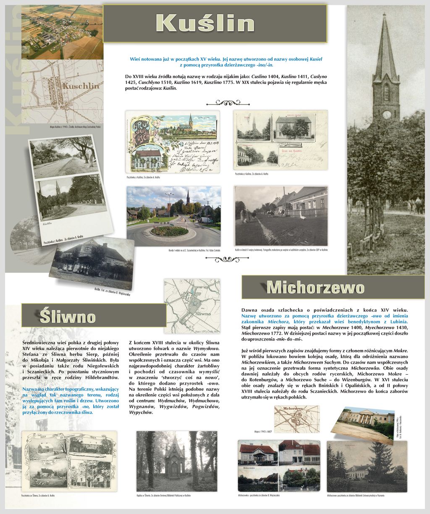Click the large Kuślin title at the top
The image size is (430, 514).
click(x=205, y=24)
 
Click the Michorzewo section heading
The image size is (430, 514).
click(x=315, y=287)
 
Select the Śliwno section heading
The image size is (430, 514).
click(x=68, y=316)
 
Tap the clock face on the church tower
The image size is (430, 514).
click(x=386, y=114)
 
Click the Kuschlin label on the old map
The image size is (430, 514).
click(x=81, y=86)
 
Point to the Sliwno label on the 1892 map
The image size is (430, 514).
click(x=203, y=313)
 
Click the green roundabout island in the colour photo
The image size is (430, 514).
click(x=169, y=231)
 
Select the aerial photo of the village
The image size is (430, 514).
click(x=62, y=32)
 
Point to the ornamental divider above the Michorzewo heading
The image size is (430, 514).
click(x=227, y=259)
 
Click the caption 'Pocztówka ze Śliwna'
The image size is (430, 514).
click(x=38, y=496)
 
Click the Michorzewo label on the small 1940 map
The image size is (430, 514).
click(x=296, y=408)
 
